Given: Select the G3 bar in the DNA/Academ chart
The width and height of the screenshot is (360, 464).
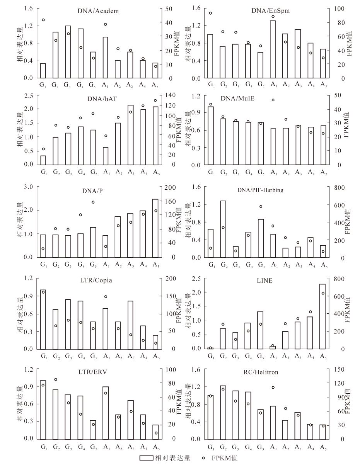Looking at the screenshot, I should point(68,52).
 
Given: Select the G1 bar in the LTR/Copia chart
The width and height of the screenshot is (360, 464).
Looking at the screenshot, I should point(43,320).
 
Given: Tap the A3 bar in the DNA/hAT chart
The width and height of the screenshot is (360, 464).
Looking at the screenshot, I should point(130,135).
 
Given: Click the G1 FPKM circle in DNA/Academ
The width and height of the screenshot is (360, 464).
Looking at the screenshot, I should point(43,20).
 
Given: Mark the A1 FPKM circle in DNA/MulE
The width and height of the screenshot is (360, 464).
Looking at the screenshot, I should point(273,100).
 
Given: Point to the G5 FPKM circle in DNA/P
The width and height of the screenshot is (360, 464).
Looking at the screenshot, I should point(93,202).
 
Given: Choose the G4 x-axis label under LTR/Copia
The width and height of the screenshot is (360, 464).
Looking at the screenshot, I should point(81,356).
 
